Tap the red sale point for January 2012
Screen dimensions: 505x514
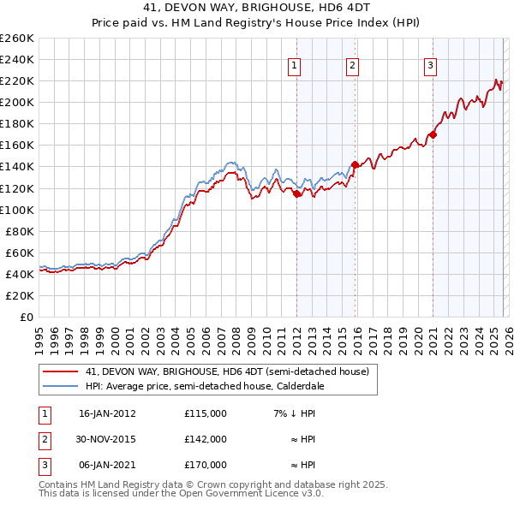(296, 193)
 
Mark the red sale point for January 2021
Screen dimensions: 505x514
(433, 134)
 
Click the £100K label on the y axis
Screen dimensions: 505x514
(17, 210)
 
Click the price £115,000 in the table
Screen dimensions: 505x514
(205, 413)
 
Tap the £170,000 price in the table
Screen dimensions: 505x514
(205, 465)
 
